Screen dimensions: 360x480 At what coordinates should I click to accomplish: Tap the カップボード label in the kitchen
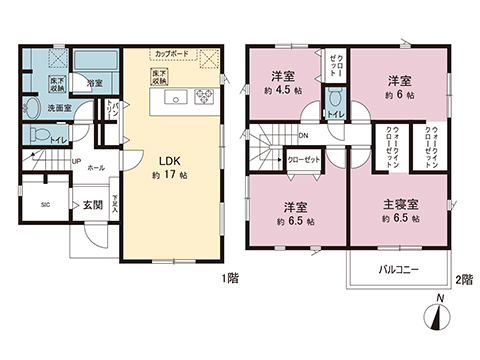point(172,53)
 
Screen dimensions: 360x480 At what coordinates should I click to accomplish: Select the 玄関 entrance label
point(92,204)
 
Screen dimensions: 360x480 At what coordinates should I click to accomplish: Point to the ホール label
point(96,169)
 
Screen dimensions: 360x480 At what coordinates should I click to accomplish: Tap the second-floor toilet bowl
point(335,101)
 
